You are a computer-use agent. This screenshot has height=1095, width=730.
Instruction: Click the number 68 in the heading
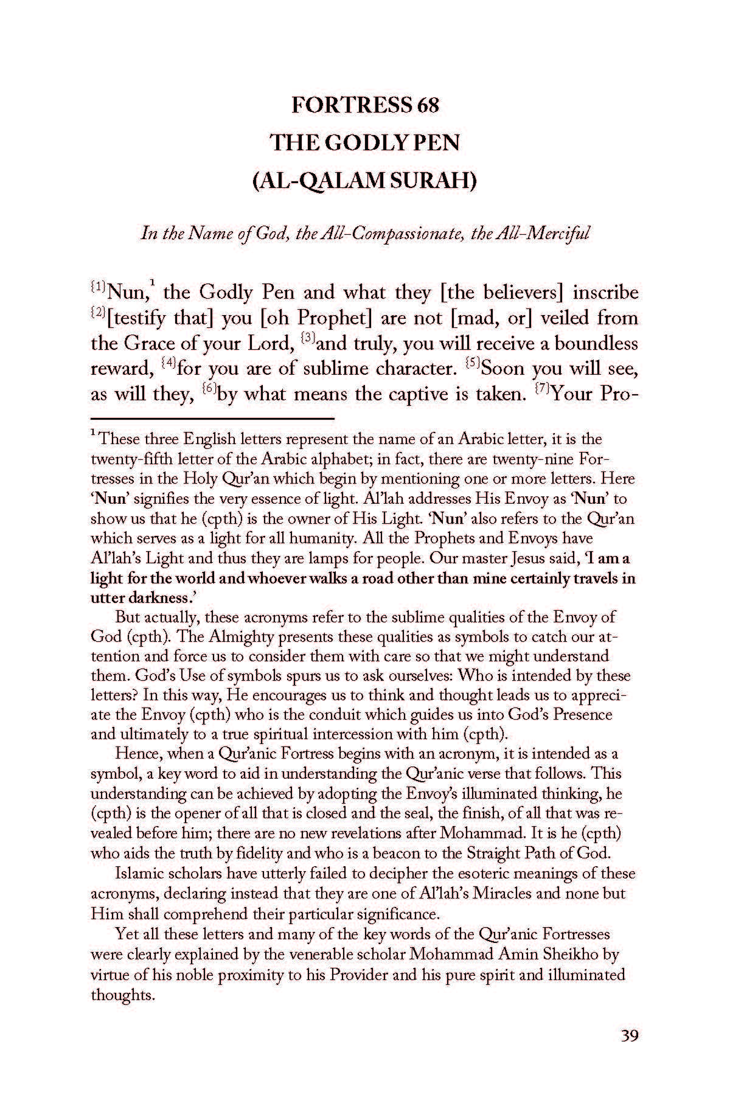[x=428, y=105]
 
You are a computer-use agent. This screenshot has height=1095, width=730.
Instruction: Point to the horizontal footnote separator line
[x=212, y=419]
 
